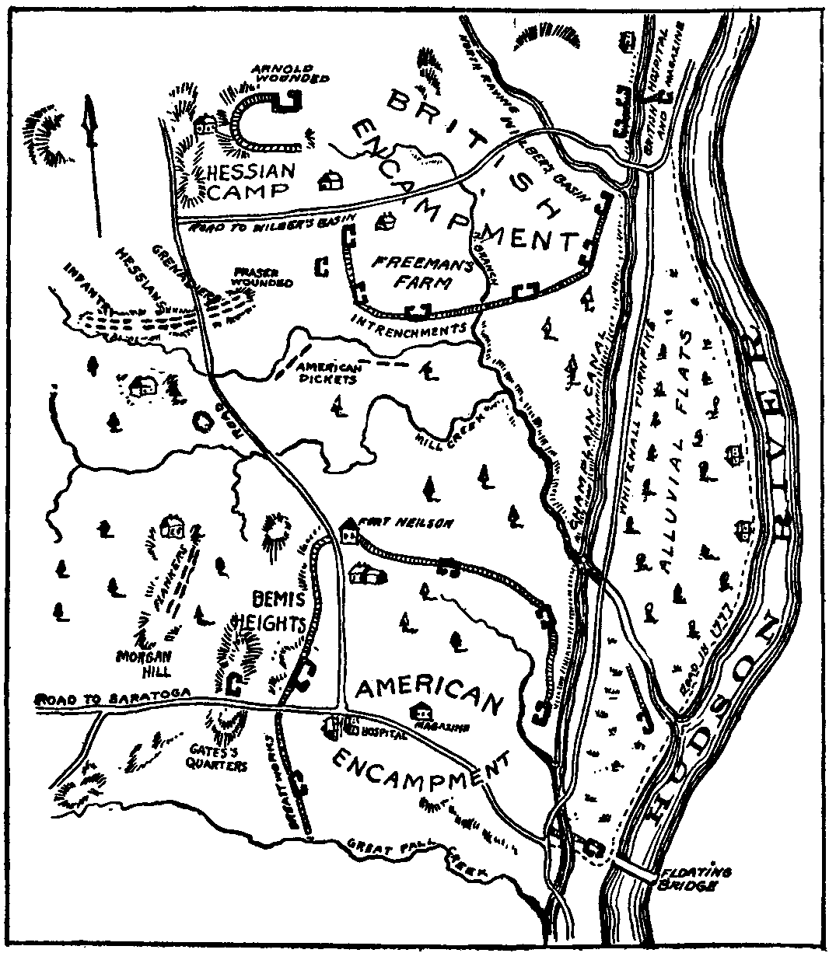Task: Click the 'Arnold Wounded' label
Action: (x=289, y=73)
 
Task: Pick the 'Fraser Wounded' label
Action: (x=262, y=278)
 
